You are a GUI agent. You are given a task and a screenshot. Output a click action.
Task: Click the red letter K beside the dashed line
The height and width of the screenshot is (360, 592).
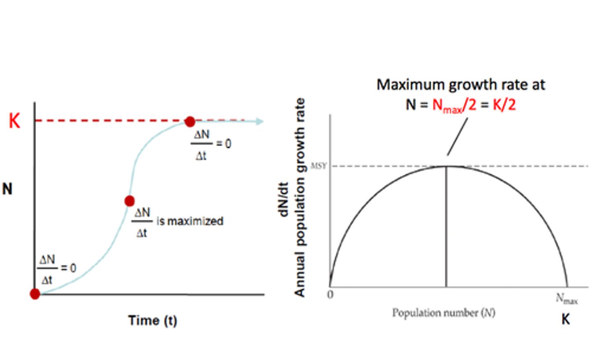(14, 121)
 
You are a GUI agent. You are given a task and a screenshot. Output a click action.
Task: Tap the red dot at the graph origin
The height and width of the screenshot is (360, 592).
(35, 294)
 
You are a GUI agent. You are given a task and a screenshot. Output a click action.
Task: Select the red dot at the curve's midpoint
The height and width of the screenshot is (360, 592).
(129, 201)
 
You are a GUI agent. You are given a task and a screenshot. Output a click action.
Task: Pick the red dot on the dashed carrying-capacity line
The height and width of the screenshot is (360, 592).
(190, 121)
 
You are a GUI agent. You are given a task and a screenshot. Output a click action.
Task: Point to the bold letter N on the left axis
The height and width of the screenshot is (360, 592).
(7, 189)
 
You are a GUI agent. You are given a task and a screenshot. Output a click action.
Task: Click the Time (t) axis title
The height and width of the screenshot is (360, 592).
(153, 321)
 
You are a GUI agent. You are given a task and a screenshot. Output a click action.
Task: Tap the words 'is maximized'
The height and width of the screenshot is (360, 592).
(190, 221)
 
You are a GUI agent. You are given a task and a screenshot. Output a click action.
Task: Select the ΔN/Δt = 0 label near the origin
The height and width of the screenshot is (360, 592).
(57, 269)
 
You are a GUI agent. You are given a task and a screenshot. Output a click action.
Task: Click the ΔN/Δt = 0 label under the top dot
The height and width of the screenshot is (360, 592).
(210, 144)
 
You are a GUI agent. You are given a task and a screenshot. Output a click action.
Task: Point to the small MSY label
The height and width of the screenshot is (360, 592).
(319, 166)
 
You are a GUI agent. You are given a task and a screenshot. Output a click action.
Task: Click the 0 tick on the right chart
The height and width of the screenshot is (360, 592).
(330, 295)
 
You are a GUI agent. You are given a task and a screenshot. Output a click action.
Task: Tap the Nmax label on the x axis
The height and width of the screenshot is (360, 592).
(567, 299)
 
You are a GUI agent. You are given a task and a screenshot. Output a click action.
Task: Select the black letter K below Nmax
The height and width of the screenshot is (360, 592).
(566, 319)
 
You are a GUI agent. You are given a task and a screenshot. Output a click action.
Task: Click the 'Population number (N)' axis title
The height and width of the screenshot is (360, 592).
(443, 313)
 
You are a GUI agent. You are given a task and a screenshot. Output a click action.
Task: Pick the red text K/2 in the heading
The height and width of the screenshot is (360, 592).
(504, 105)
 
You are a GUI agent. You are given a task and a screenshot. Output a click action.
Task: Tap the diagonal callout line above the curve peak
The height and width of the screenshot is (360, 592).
(457, 137)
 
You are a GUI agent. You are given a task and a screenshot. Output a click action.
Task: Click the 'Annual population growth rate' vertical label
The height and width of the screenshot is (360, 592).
(300, 197)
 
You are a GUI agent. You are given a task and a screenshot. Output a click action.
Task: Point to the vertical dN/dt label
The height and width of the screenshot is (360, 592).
(284, 200)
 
